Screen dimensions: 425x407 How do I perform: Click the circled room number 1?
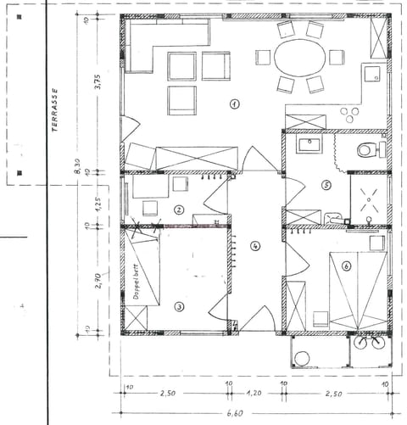(234, 103)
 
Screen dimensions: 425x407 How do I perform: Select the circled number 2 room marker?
(179, 210)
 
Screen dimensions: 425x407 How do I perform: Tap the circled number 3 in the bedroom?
(179, 307)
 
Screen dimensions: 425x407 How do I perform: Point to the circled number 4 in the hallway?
(255, 246)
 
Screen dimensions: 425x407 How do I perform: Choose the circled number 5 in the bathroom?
(326, 184)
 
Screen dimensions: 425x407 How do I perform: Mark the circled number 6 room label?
(346, 266)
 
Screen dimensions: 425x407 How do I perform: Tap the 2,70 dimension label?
(98, 279)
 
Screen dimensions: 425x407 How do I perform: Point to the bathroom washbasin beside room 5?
(308, 144)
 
